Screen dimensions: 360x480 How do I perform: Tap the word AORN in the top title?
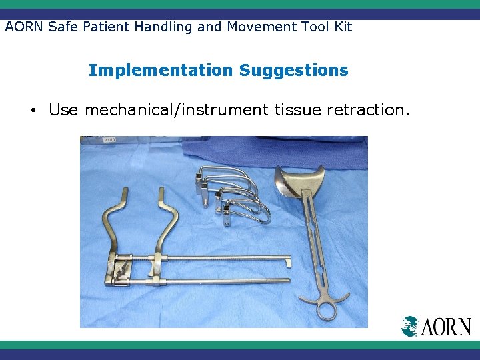(x=24, y=27)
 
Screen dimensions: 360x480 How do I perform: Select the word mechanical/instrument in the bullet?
(x=176, y=110)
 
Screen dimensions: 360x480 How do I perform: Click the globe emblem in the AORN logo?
(x=410, y=326)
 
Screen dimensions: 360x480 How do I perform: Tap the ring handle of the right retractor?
(x=327, y=310)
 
